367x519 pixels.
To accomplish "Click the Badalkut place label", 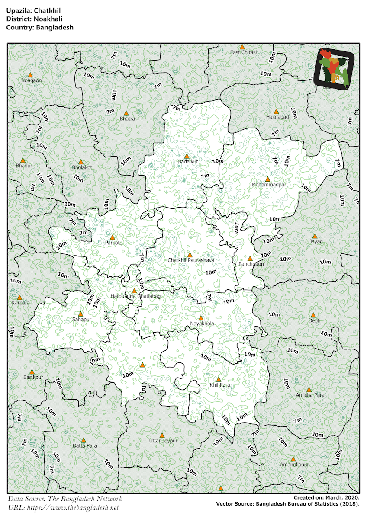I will pyautogui.click(x=188, y=162).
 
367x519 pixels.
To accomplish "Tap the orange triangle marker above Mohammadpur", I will pyautogui.click(x=267, y=179).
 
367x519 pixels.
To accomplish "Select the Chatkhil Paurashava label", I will pyautogui.click(x=191, y=260).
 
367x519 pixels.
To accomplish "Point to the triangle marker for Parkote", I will pyautogui.click(x=113, y=237).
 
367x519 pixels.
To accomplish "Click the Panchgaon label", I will pyautogui.click(x=251, y=264).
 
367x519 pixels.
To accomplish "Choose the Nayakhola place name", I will pyautogui.click(x=202, y=324).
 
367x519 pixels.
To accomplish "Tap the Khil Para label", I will pyautogui.click(x=219, y=385).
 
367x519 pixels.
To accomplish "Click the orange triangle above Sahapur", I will pyautogui.click(x=80, y=314).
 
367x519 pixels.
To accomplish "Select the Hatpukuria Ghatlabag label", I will pyautogui.click(x=135, y=296).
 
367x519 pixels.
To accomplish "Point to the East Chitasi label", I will pyautogui.click(x=243, y=52).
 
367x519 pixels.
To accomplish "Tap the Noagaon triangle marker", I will pyautogui.click(x=30, y=75).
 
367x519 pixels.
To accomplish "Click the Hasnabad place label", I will pyautogui.click(x=277, y=117).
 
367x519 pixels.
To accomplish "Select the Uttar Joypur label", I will pyautogui.click(x=163, y=441).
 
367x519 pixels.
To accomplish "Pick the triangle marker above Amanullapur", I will pyautogui.click(x=293, y=459).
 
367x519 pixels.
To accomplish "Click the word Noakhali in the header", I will pyautogui.click(x=44, y=19).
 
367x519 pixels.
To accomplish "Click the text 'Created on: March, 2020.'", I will pyautogui.click(x=326, y=498).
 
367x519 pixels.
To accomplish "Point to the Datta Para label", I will pyautogui.click(x=84, y=445).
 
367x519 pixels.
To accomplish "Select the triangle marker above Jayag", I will pyautogui.click(x=315, y=236).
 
